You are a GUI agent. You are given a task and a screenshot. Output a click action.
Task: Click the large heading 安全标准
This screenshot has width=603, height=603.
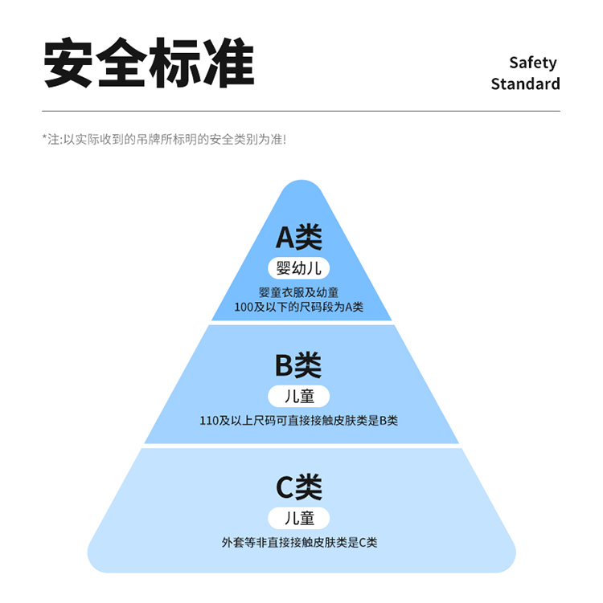(149, 63)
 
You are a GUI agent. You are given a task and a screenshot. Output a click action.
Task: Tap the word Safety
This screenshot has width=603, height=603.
(532, 63)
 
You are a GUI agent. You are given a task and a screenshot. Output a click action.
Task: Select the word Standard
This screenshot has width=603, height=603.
(525, 84)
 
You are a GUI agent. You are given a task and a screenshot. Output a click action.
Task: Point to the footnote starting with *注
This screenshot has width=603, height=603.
(164, 139)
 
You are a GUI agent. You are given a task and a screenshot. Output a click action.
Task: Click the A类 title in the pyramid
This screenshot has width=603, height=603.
(299, 237)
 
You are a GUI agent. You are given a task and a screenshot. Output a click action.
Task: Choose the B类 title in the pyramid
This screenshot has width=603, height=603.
(298, 365)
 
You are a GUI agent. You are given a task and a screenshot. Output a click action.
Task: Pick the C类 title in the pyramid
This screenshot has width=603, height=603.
(299, 487)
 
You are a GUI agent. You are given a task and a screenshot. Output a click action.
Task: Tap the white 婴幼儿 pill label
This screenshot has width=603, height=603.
(299, 268)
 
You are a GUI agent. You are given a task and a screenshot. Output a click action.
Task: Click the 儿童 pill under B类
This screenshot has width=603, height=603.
(299, 396)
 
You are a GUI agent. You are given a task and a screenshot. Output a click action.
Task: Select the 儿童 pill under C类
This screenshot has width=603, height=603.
(299, 517)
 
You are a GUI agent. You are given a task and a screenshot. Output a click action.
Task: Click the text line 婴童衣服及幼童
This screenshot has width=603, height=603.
(299, 292)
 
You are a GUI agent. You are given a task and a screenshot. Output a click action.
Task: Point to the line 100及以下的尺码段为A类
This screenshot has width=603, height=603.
(299, 307)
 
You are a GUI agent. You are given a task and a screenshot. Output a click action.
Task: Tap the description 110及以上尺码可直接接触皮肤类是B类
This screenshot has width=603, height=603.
(299, 420)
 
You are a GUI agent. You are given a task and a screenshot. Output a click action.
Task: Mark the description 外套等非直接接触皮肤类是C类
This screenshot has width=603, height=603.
(299, 542)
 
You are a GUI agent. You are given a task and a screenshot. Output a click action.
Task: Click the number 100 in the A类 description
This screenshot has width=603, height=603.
(243, 307)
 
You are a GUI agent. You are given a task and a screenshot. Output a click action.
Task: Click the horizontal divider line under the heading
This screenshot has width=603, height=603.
(301, 111)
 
